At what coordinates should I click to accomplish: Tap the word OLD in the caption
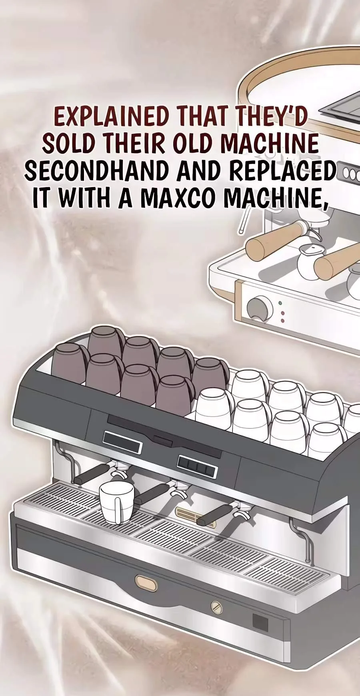click(x=192, y=144)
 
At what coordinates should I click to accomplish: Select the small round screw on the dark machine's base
click(x=216, y=607)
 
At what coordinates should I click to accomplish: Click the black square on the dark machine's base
click(x=260, y=622)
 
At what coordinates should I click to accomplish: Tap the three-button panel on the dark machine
click(x=197, y=466)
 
